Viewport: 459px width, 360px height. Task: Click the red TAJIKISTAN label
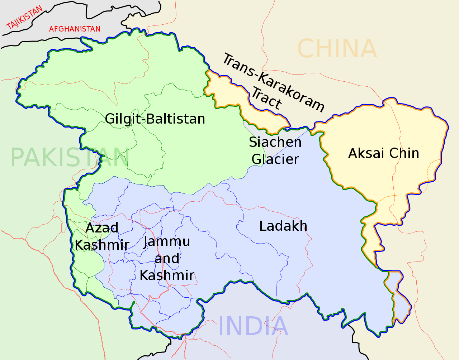[24, 18]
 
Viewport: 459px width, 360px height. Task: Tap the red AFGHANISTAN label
[75, 29]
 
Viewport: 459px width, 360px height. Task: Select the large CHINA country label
[337, 49]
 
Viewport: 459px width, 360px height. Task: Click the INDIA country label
[253, 326]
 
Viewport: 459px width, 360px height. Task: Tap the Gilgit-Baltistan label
[155, 119]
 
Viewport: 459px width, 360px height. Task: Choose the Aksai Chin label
[383, 153]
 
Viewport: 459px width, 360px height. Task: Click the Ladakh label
[283, 226]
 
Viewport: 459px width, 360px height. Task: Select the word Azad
[102, 228]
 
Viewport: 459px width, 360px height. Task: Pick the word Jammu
[167, 242]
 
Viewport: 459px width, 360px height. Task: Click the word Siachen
[275, 142]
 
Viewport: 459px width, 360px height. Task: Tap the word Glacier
[275, 159]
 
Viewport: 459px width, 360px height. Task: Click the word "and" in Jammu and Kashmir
[167, 258]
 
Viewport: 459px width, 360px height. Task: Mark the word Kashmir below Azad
[102, 245]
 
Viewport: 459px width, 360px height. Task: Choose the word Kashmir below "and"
[167, 275]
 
